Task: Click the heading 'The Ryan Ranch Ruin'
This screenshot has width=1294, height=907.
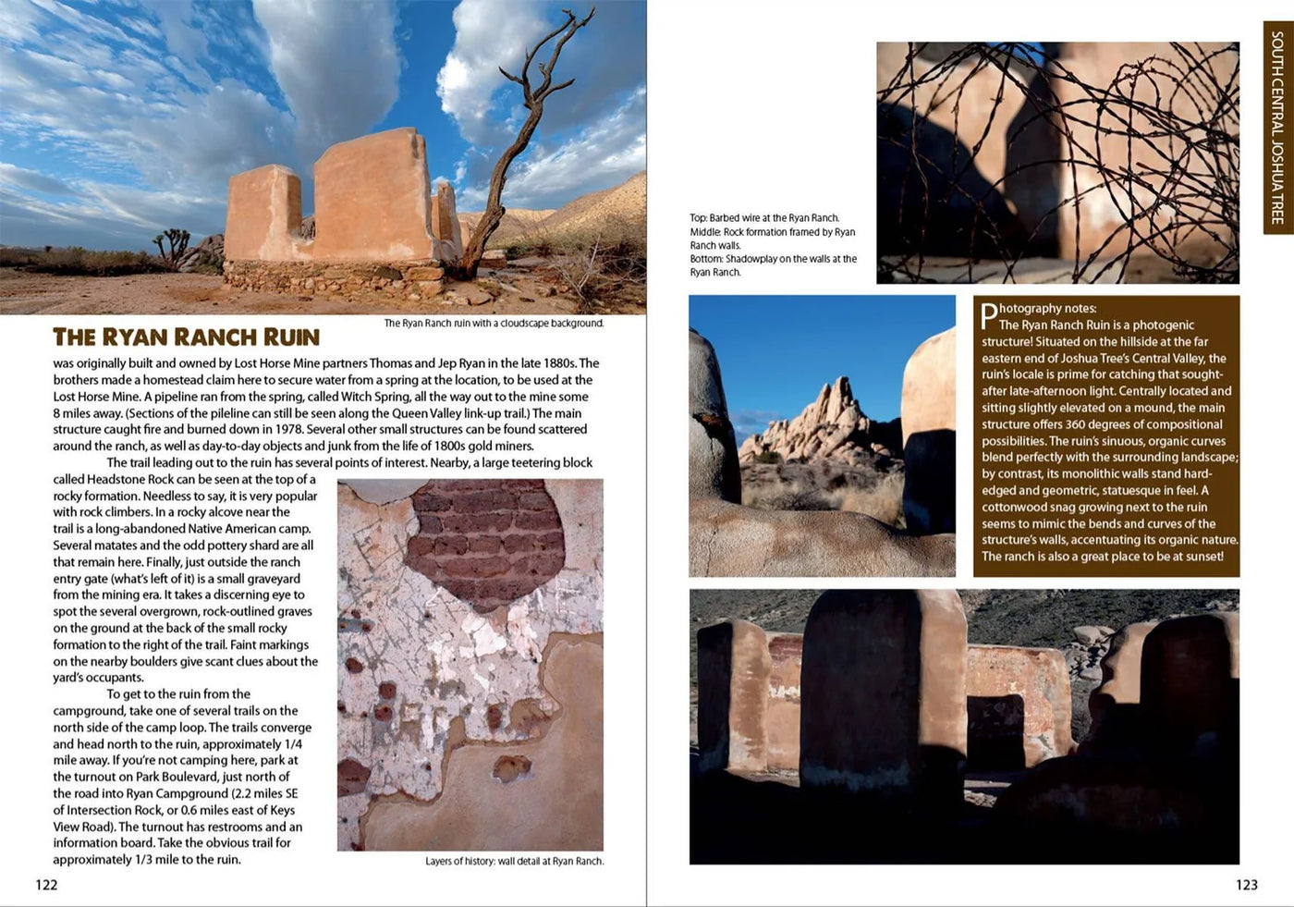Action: click(186, 337)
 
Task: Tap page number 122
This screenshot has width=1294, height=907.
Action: click(46, 885)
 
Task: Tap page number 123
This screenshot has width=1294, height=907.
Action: click(1246, 885)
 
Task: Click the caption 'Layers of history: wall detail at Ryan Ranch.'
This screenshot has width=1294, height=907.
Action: click(514, 861)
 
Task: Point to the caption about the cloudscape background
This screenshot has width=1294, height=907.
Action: click(494, 324)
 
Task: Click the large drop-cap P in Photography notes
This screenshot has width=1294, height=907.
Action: click(988, 316)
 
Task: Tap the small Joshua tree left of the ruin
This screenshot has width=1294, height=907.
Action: click(171, 244)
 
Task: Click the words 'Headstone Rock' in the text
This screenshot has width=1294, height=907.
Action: click(129, 479)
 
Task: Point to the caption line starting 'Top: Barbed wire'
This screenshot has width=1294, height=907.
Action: click(764, 218)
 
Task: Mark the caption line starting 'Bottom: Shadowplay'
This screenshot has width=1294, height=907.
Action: click(773, 259)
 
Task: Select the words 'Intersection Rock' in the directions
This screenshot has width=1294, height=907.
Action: click(125, 810)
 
